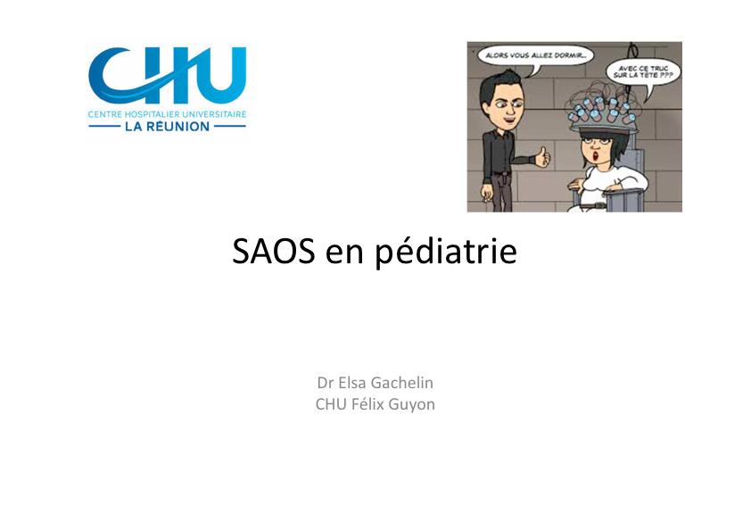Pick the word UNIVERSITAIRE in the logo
point(214,115)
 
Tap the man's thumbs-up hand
point(542,157)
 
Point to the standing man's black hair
point(494,85)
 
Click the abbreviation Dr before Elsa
point(325,383)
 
